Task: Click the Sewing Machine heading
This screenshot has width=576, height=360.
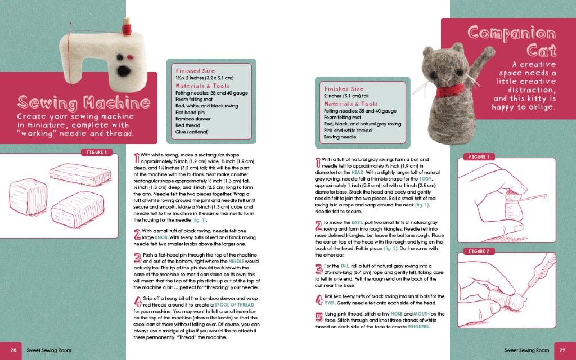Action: coord(83,102)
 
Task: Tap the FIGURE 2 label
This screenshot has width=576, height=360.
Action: coord(480,251)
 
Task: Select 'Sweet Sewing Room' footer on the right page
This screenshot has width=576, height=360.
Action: coord(526,350)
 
